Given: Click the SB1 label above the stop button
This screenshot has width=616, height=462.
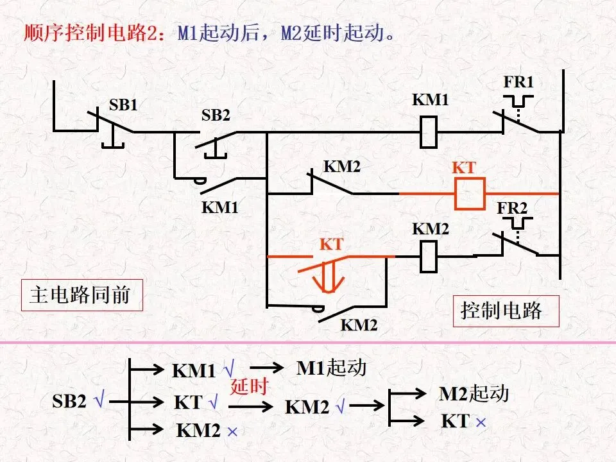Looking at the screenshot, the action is (123, 105).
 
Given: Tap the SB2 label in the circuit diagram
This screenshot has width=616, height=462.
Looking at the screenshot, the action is (216, 115).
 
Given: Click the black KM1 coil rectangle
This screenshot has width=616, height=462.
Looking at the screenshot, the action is (428, 132).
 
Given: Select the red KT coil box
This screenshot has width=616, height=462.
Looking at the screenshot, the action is (470, 194).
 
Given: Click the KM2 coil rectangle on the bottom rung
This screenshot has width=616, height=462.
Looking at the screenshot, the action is (428, 257).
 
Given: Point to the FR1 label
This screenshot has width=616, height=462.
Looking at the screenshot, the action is (519, 82).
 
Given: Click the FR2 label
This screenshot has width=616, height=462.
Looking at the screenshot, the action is (512, 208).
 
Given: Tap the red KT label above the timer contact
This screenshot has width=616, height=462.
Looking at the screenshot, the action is (332, 244).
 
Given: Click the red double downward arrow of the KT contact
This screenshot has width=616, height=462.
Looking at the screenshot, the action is (329, 277).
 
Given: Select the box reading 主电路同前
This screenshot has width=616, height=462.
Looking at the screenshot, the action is (81, 295).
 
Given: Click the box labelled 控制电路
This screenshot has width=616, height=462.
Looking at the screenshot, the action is (506, 311).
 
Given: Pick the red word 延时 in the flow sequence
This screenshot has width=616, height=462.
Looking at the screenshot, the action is (249, 386).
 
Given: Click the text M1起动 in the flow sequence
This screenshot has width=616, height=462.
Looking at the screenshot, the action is (331, 368).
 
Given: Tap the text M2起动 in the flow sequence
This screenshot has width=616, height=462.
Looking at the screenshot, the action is (474, 393).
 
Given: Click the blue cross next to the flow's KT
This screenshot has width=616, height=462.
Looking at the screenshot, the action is (481, 423).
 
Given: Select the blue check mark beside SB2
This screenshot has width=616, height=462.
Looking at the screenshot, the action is (99, 400).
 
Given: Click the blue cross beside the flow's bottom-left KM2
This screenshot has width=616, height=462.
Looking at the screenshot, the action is (232, 432).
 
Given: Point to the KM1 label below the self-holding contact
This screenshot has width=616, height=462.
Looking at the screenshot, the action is (220, 207).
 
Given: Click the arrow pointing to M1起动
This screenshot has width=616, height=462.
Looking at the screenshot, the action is (266, 368).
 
